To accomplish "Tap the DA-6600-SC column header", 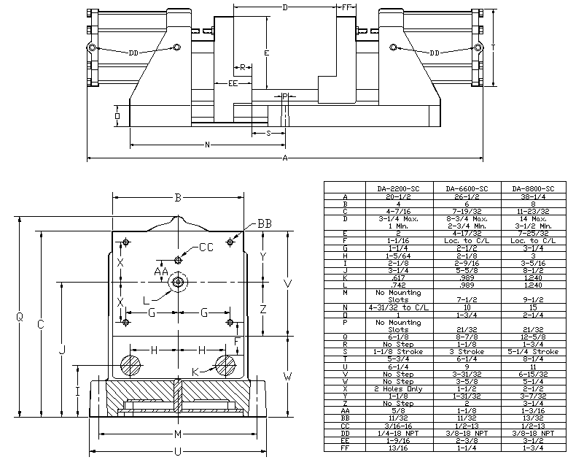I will (467, 188).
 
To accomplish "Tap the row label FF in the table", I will (344, 448).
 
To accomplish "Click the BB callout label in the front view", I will (264, 224).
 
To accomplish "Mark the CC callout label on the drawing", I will (207, 248).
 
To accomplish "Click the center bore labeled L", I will (177, 282).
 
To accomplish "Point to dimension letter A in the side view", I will (285, 158).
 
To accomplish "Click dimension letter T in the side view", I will (494, 47).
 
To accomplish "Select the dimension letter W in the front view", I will (288, 377).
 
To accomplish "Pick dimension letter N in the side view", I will (208, 145).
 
